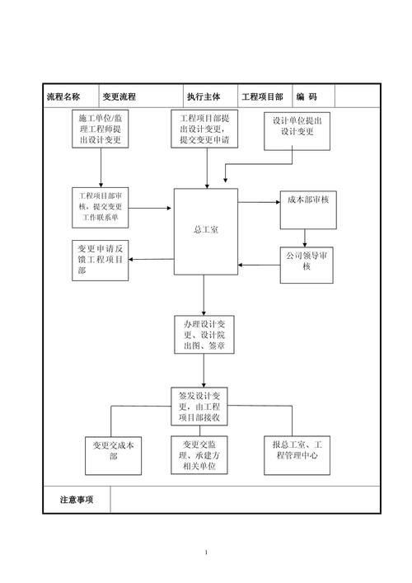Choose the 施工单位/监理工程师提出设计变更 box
tap(101, 130)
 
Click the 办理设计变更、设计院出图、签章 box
tap(204, 334)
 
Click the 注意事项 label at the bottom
tap(77, 500)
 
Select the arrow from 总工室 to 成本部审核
tap(259, 202)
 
